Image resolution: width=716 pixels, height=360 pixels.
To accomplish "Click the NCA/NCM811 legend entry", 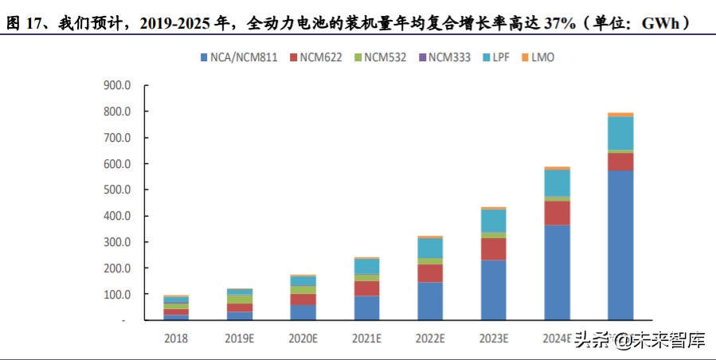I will coord(239,57).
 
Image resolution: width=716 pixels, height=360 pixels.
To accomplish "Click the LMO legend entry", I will coord(545,57).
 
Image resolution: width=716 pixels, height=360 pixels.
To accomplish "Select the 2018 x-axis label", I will coord(177,338).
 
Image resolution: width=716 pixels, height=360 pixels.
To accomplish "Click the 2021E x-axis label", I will coord(367,338).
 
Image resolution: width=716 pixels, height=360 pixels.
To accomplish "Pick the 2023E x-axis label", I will coord(494,338).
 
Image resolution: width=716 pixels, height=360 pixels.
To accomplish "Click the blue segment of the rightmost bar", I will coord(620,245).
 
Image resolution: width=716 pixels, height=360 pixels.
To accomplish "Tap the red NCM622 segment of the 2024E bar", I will coord(557,213).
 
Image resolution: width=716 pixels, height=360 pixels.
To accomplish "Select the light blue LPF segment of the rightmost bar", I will coord(620,133).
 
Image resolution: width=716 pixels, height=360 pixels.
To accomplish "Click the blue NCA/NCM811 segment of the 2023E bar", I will coord(494,290).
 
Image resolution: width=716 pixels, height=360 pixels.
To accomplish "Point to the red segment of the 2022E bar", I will coord(430,273).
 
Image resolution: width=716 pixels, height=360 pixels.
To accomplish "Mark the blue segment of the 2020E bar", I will coord(303,312).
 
